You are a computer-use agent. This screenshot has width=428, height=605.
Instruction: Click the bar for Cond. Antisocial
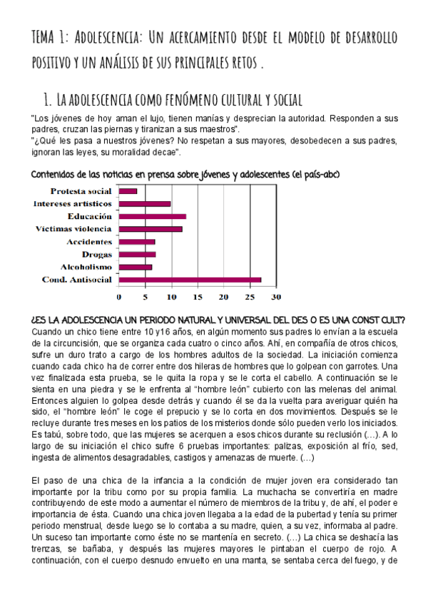190,280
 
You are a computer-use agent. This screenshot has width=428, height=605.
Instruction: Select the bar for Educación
152,215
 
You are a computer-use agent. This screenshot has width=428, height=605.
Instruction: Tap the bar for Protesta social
128,191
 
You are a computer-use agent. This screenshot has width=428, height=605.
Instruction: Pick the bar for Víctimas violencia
151,228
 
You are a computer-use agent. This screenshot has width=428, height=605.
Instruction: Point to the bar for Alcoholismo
135,267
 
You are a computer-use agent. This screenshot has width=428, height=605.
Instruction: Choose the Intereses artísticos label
73,203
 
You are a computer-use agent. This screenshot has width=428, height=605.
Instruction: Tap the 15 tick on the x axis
197,297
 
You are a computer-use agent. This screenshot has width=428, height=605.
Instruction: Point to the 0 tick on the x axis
119,297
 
